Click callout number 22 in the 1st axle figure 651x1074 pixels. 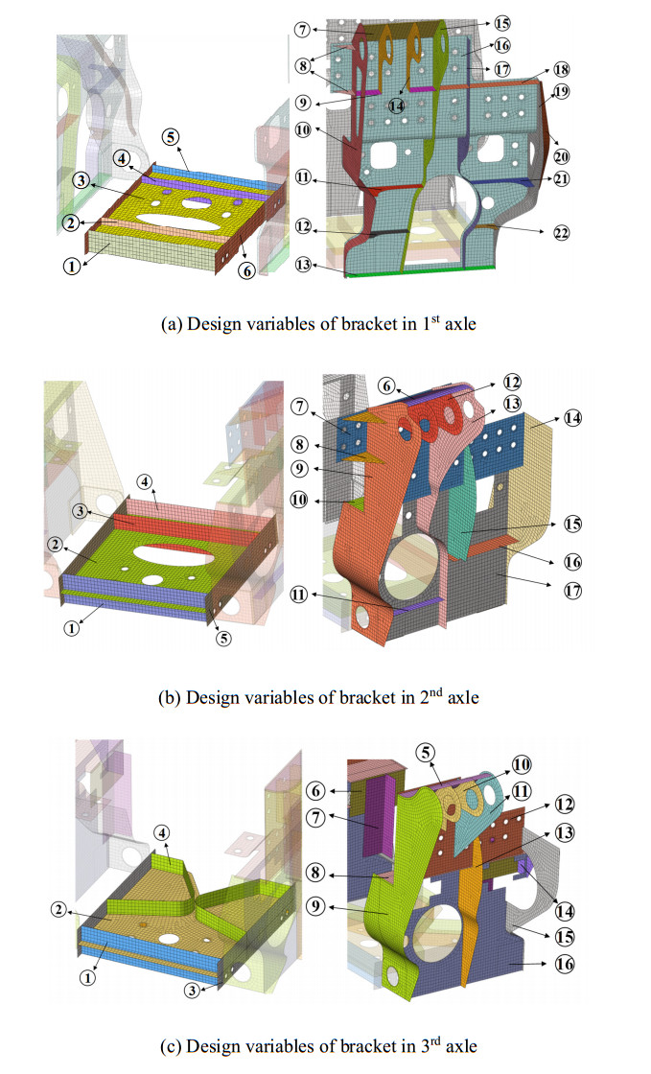click(556, 234)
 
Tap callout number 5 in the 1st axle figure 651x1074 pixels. click(171, 136)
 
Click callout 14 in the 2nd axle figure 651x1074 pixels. click(573, 418)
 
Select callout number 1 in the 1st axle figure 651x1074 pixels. click(69, 267)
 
